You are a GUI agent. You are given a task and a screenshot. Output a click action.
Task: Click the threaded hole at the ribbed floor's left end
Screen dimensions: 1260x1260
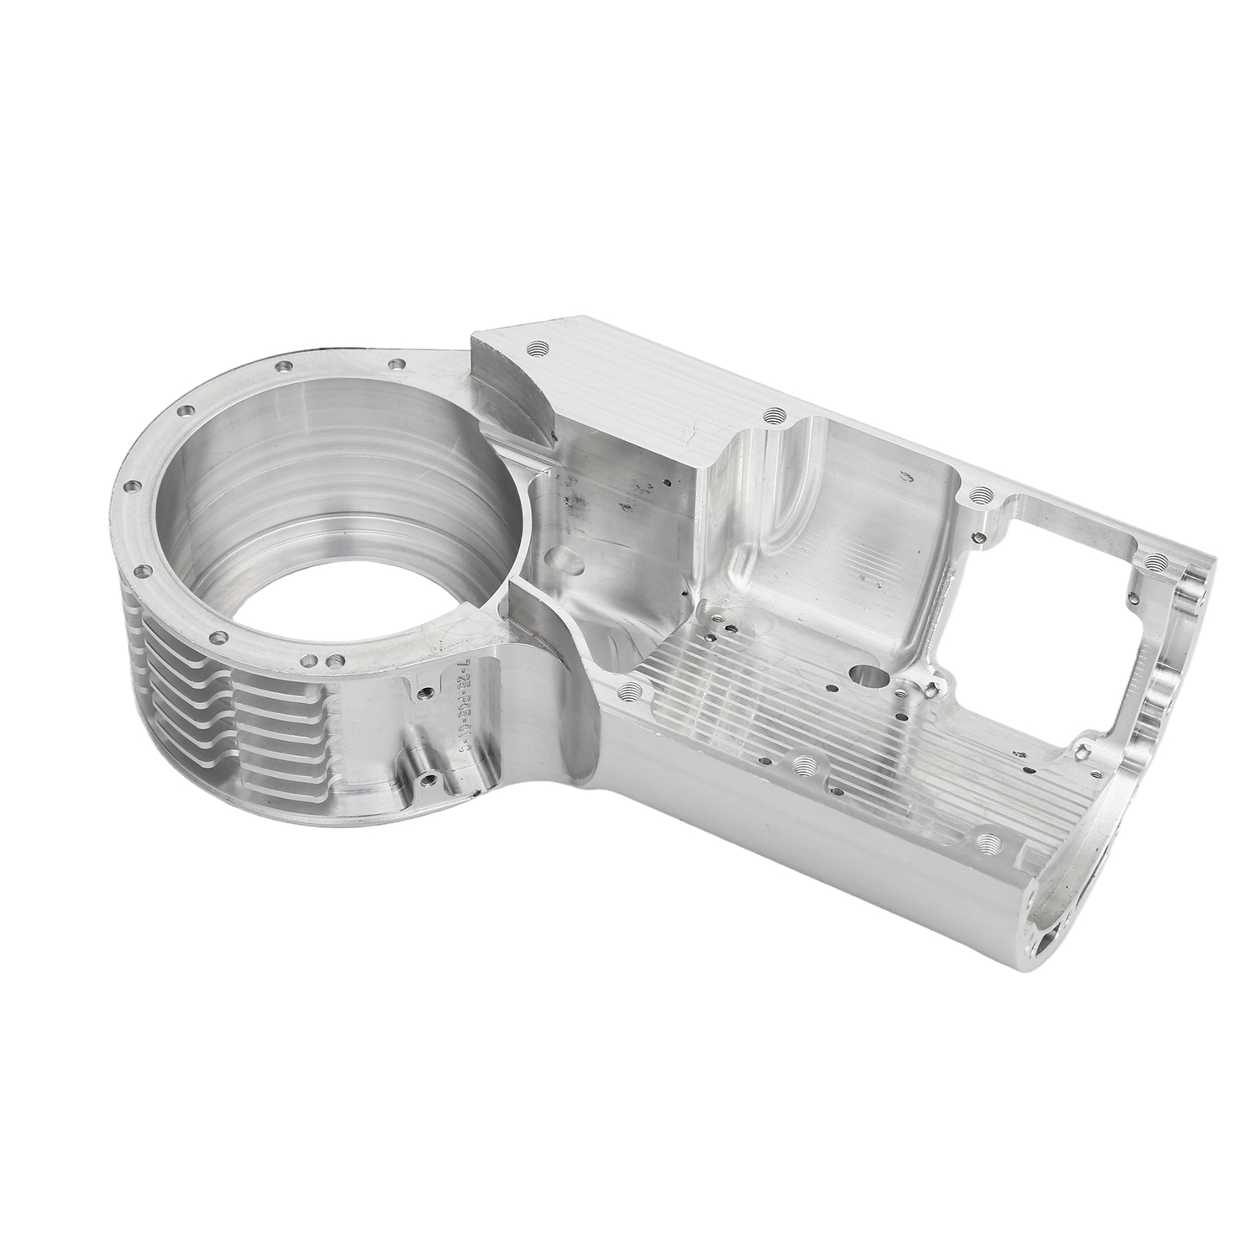[630, 690]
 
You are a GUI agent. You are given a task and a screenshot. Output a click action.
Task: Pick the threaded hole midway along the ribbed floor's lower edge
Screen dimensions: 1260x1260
[805, 764]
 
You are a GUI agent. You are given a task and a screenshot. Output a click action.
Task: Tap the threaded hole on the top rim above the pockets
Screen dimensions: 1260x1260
[774, 415]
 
